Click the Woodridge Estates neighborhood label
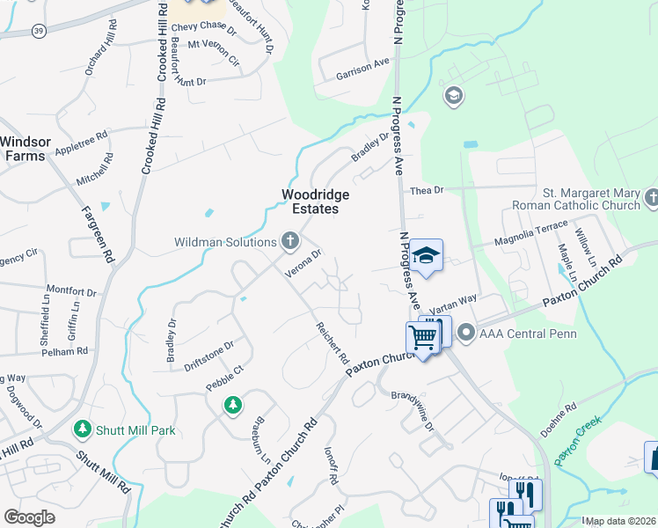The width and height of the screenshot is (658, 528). (x=315, y=202)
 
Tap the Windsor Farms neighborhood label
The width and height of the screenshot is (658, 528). (x=27, y=149)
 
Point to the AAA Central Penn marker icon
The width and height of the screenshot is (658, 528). (x=466, y=333)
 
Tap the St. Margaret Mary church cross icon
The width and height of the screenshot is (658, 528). (x=651, y=198)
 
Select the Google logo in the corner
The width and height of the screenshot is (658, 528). (x=29, y=517)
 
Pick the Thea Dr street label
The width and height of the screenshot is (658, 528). (x=424, y=190)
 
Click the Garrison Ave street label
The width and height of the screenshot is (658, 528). (x=362, y=70)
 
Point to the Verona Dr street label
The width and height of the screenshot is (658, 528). (x=304, y=261)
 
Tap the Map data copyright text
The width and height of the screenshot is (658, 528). (x=621, y=521)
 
